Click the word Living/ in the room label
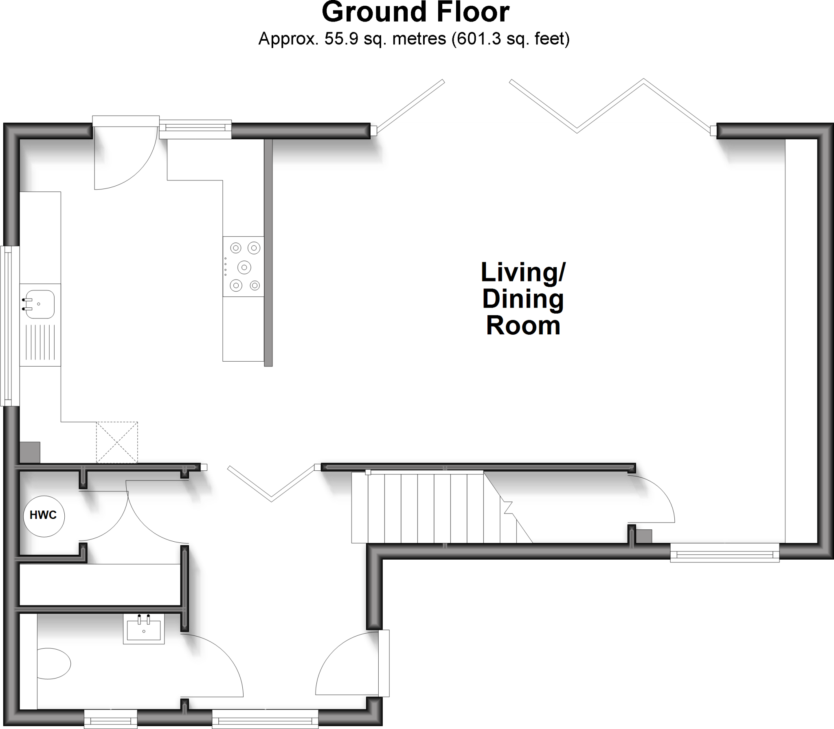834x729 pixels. coord(523,272)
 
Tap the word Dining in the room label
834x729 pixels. coord(523,300)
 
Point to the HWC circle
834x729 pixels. coord(44,515)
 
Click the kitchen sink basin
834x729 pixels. coord(39,304)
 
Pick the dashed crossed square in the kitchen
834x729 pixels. coord(117,442)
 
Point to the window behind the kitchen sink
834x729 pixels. coord(9,326)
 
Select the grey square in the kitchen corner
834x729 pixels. coord(30,452)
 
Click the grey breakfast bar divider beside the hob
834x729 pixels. coord(268,253)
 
